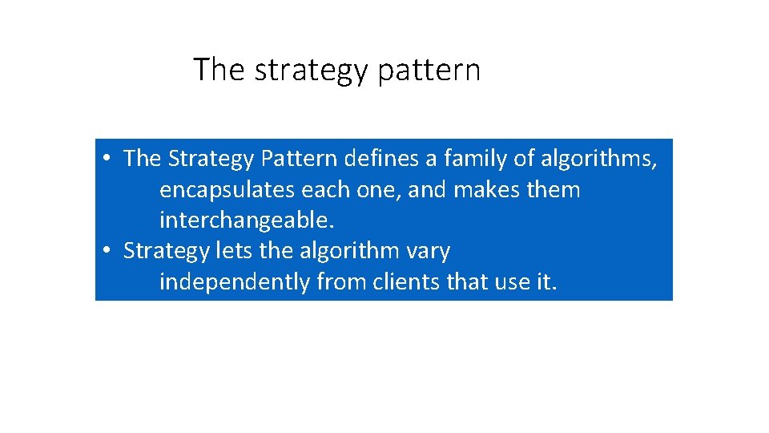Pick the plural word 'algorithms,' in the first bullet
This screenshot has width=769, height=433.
598,159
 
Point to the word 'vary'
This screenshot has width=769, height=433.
429,252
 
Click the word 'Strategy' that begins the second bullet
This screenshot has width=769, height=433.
166,252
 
